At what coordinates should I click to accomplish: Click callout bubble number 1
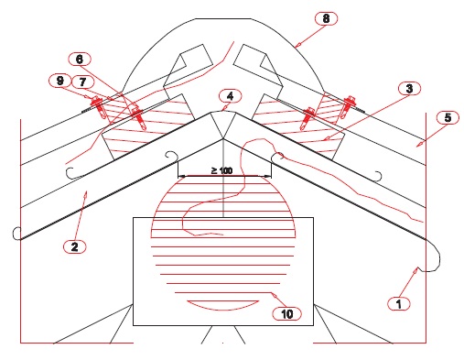coord(399,303)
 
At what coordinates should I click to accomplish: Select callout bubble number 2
coord(75,246)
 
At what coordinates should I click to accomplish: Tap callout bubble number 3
coord(409,89)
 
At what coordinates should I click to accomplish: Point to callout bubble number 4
coord(231,96)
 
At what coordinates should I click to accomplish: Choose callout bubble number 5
coord(448,117)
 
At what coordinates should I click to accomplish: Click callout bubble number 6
coord(80,60)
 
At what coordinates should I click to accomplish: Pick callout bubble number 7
coord(82,82)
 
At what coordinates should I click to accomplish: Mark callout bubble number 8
coord(326,18)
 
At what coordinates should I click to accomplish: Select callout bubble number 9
coord(59,81)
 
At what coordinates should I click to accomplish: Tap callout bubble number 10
coord(286,313)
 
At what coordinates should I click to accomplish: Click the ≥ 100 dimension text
coord(221,170)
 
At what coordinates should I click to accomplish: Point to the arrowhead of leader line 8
coord(298,45)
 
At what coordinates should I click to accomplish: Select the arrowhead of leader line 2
coord(85,193)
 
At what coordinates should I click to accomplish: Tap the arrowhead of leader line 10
coord(275,295)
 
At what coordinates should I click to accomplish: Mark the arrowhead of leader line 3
coord(327,138)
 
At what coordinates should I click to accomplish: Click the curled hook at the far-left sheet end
coord(16,234)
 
